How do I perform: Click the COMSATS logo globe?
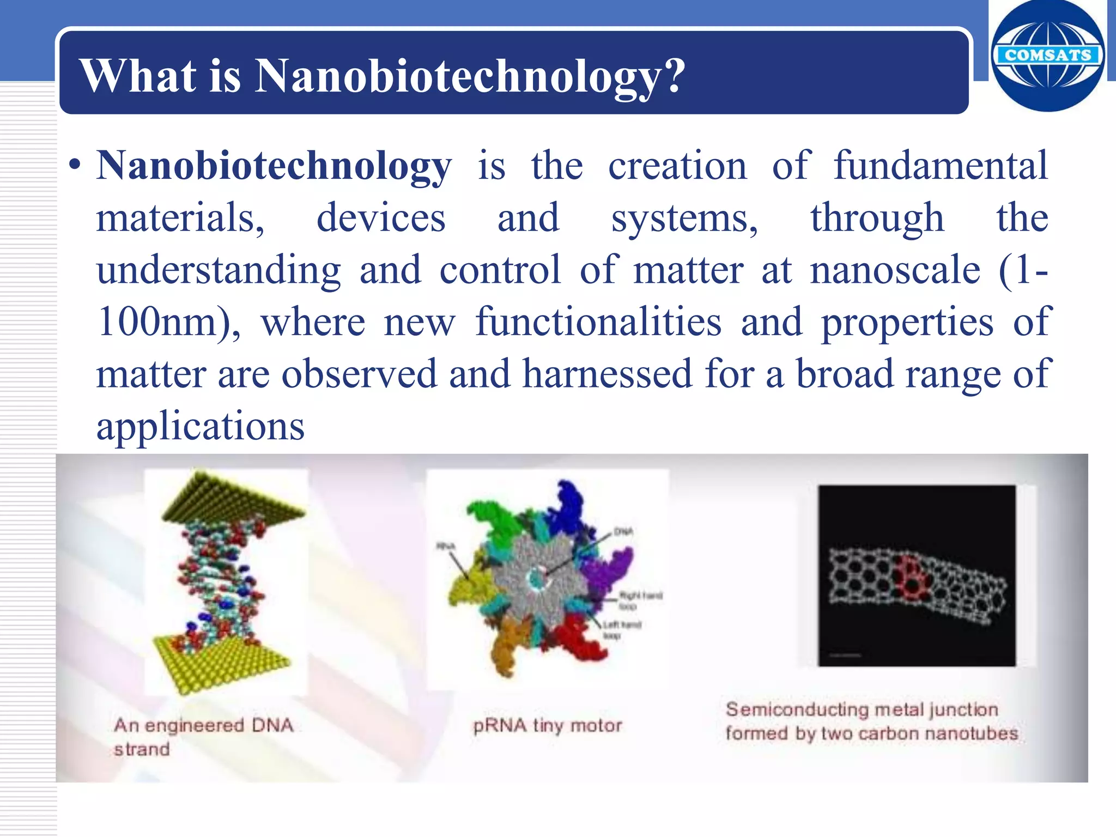(1047, 56)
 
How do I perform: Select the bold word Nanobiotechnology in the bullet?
(274, 166)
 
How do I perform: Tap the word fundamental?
(940, 166)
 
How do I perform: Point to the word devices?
(381, 218)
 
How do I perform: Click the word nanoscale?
(895, 270)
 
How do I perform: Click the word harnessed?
(607, 375)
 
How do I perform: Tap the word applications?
(201, 426)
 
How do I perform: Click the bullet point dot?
(75, 166)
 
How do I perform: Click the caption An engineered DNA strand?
(203, 737)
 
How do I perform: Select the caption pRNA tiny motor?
(547, 726)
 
